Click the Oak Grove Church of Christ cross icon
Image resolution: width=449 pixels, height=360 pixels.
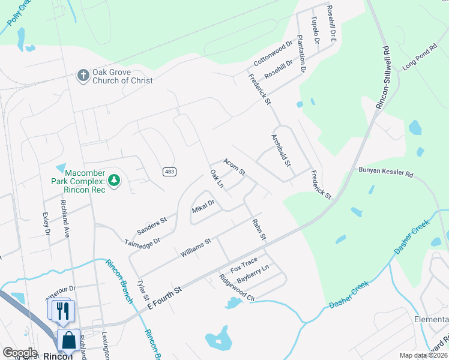(83, 75)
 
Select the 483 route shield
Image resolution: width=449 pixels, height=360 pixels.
(169, 172)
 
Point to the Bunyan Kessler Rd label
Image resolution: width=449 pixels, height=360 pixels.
(386, 172)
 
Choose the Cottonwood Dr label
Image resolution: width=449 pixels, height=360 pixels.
(273, 53)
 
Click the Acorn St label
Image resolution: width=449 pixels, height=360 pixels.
(234, 167)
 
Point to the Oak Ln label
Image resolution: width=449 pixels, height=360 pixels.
(216, 178)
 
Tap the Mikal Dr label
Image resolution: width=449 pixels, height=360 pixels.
(203, 208)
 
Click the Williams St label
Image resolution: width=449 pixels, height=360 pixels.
(196, 248)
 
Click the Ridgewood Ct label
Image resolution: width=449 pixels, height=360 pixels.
(237, 288)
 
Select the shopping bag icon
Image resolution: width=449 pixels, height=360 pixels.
(68, 340)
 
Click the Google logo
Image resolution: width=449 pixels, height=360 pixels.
(19, 353)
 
